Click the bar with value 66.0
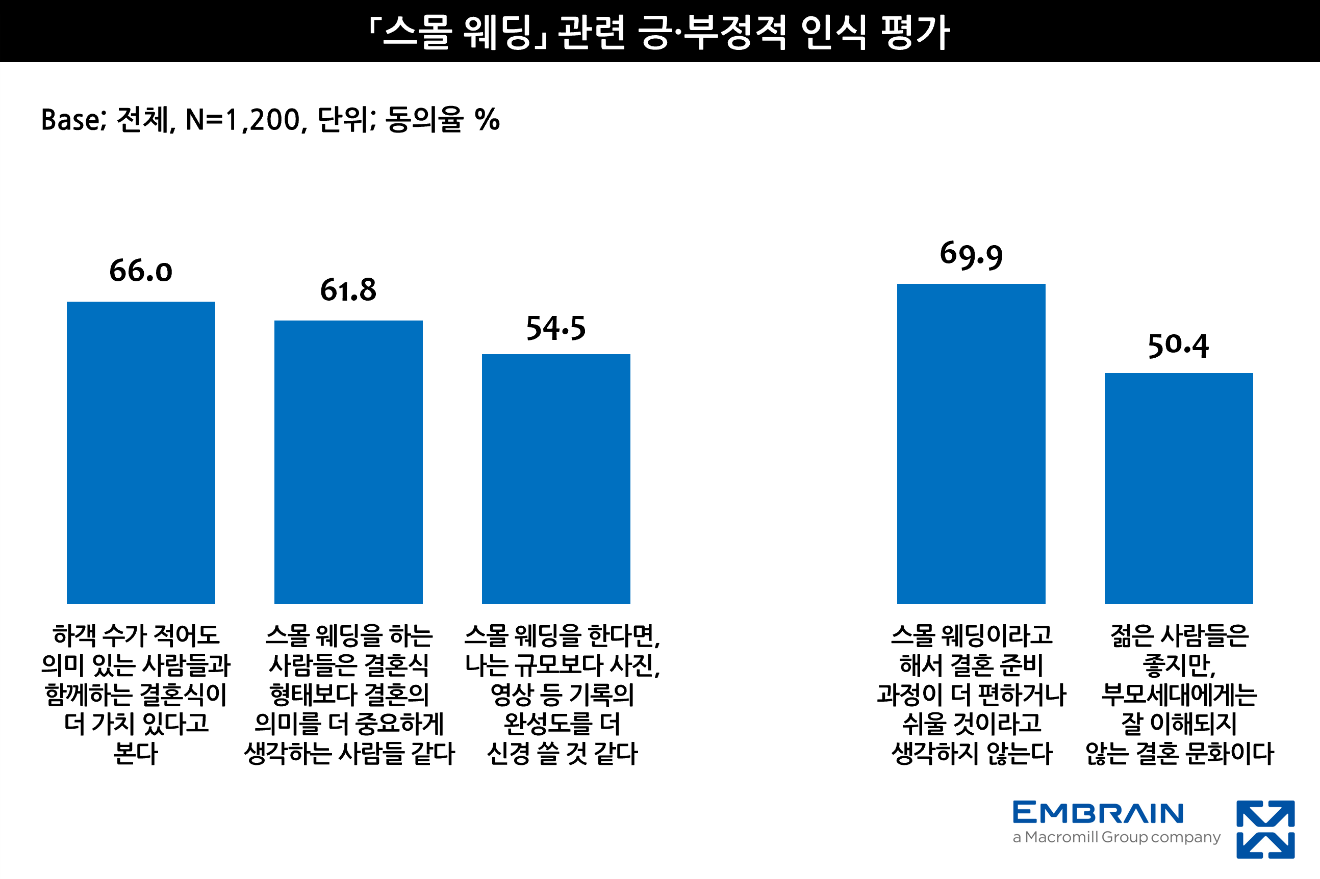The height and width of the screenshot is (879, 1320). coord(141,452)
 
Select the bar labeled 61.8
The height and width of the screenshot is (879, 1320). coord(348,462)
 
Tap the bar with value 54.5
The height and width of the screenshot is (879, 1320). coord(556,479)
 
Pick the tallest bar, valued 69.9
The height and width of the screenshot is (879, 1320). coord(971,443)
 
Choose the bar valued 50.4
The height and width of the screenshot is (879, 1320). coord(1179,488)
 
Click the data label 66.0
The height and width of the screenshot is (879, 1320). coord(141,271)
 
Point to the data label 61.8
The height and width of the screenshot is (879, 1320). coord(348,290)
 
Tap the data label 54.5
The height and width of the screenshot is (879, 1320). coord(556,328)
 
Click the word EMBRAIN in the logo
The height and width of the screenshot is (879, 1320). coord(1098,813)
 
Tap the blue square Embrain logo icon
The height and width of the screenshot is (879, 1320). coord(1265,830)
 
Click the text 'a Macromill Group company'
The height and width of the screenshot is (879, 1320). coord(1116,838)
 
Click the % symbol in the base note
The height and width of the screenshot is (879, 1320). coord(487,120)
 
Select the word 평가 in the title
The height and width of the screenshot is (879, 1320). coord(915,32)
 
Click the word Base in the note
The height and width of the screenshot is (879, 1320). coord(71,120)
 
